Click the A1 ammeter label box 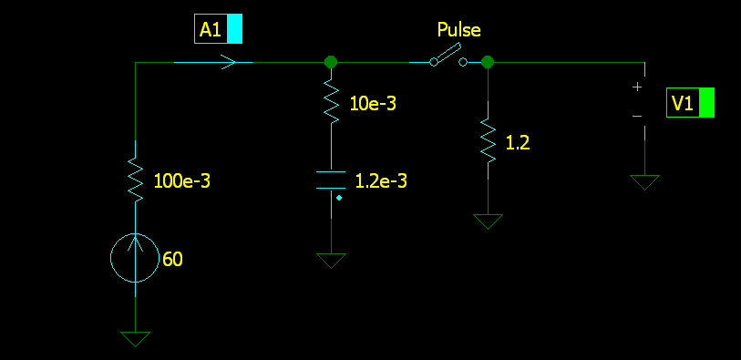pos(219,29)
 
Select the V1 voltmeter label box pos(690,102)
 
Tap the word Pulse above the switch pos(458,30)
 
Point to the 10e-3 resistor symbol pos(331,102)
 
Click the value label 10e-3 pos(373,104)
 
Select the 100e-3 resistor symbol pos(136,180)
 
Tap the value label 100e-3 pos(182,182)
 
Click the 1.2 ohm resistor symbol pos(489,141)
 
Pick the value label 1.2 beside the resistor pos(518,143)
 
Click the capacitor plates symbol pos(331,180)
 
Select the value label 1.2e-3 pos(381,181)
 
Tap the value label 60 pos(172,260)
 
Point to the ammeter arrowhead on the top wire pos(229,62)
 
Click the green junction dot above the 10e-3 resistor pos(331,62)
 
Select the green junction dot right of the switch pos(488,62)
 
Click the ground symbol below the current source pos(135,339)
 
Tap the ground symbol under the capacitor pos(331,261)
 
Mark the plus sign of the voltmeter pos(637,87)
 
